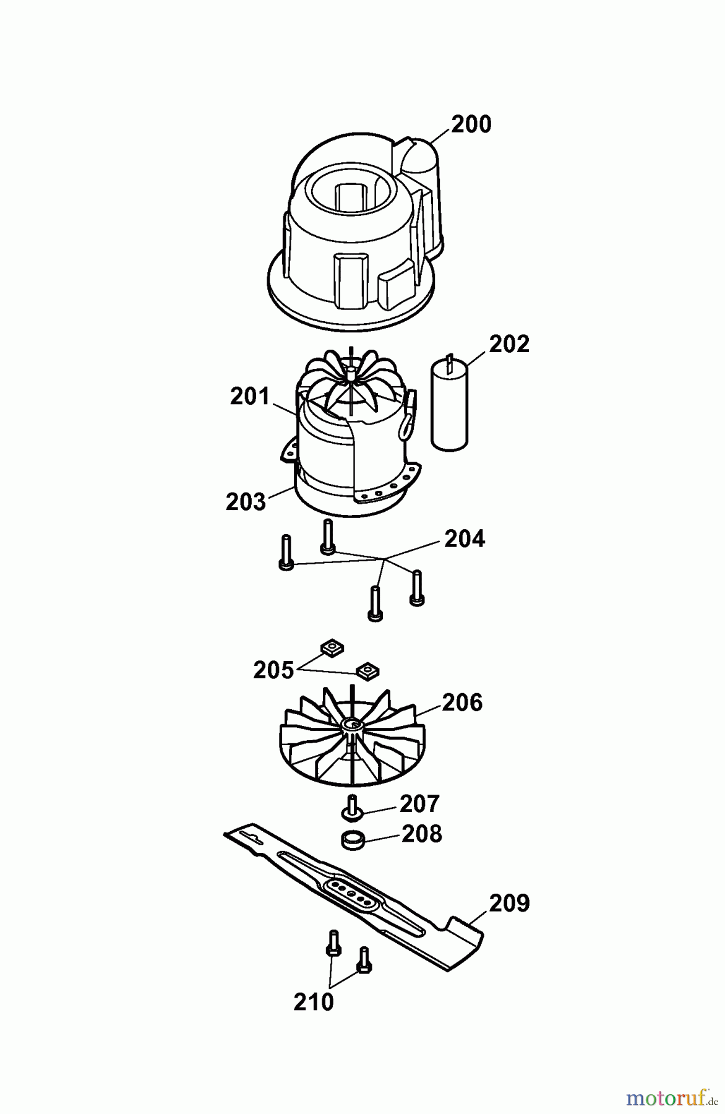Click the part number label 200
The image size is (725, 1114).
[x=471, y=124]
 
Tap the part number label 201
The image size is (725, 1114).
[x=250, y=397]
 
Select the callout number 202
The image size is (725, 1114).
[x=509, y=344]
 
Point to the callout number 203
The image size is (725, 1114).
[x=246, y=502]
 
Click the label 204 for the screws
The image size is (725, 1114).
[x=465, y=539]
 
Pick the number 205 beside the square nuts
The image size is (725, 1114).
[x=273, y=670]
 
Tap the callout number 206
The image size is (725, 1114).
[x=462, y=703]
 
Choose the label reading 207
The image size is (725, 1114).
[x=419, y=804]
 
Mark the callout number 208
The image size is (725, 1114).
[x=422, y=834]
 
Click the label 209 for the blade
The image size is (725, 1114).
[x=510, y=904]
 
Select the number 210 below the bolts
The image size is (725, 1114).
[x=314, y=1002]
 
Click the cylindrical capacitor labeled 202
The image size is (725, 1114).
[x=450, y=402]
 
